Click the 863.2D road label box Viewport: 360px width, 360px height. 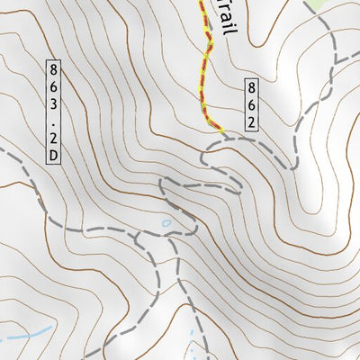point(54,112)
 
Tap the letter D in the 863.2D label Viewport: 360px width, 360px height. point(54,156)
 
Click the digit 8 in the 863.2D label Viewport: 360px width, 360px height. point(54,68)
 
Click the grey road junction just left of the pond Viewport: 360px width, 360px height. point(135,238)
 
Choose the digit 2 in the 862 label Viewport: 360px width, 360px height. point(253,121)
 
